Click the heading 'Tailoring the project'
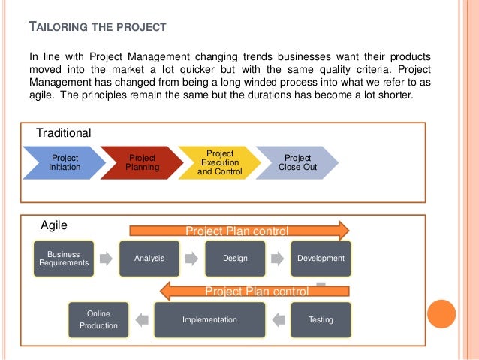point(98,29)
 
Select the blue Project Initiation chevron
point(64,162)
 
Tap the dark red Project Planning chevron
point(142,162)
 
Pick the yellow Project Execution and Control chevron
point(220,162)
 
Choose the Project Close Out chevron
point(297,162)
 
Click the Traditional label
point(65,132)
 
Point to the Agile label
point(54,224)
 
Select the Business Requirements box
point(63,259)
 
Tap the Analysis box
point(149,259)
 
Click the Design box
point(235,259)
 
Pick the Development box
point(321,259)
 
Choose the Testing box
point(321,319)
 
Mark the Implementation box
point(209,319)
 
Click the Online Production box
point(98,319)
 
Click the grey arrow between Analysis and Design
point(192,259)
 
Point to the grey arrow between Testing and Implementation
point(278,319)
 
